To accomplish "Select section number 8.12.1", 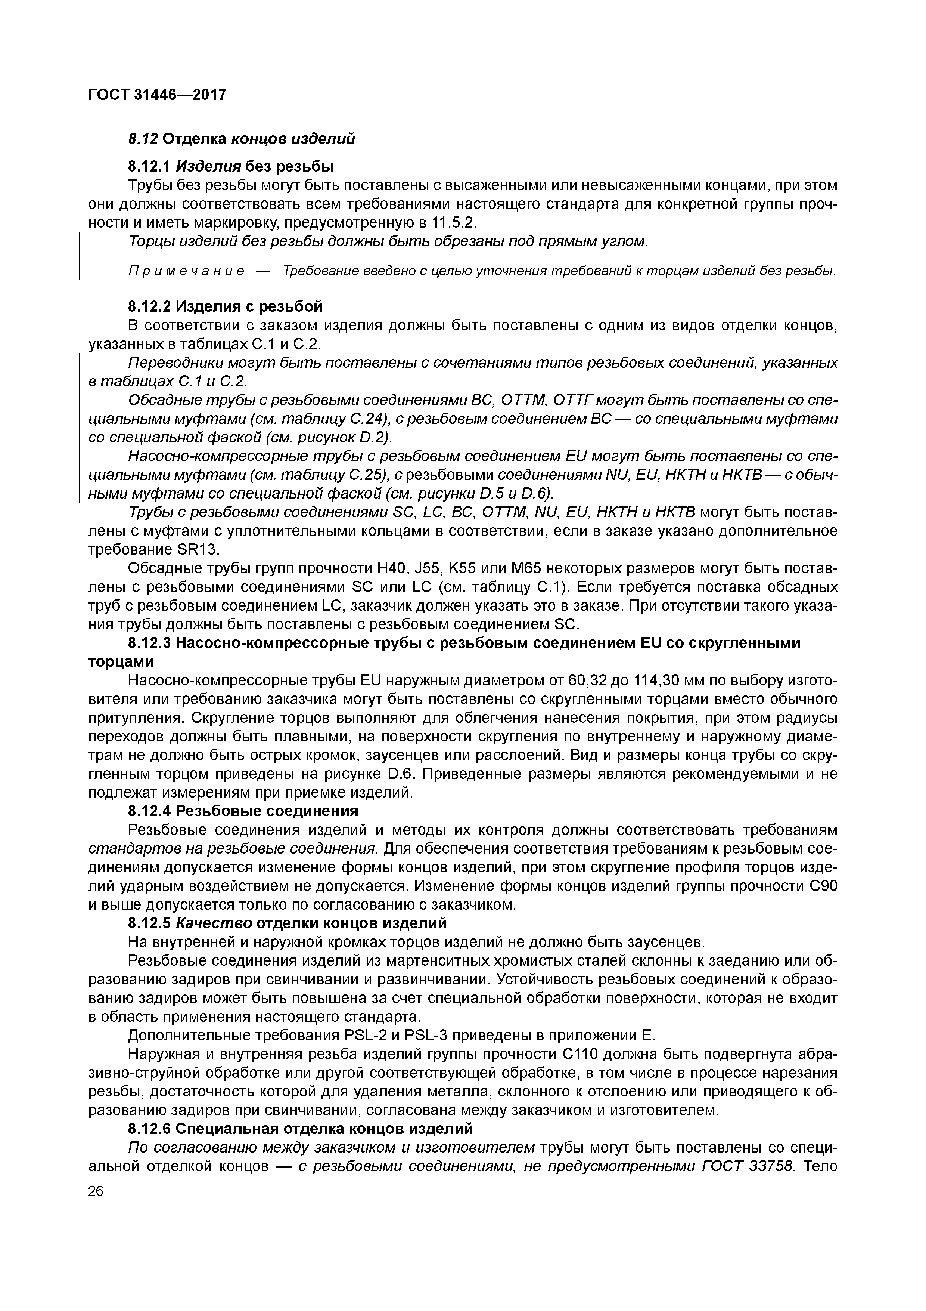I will tap(149, 166).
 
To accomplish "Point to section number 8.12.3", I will tap(149, 643).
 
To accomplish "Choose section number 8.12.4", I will tap(149, 811).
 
